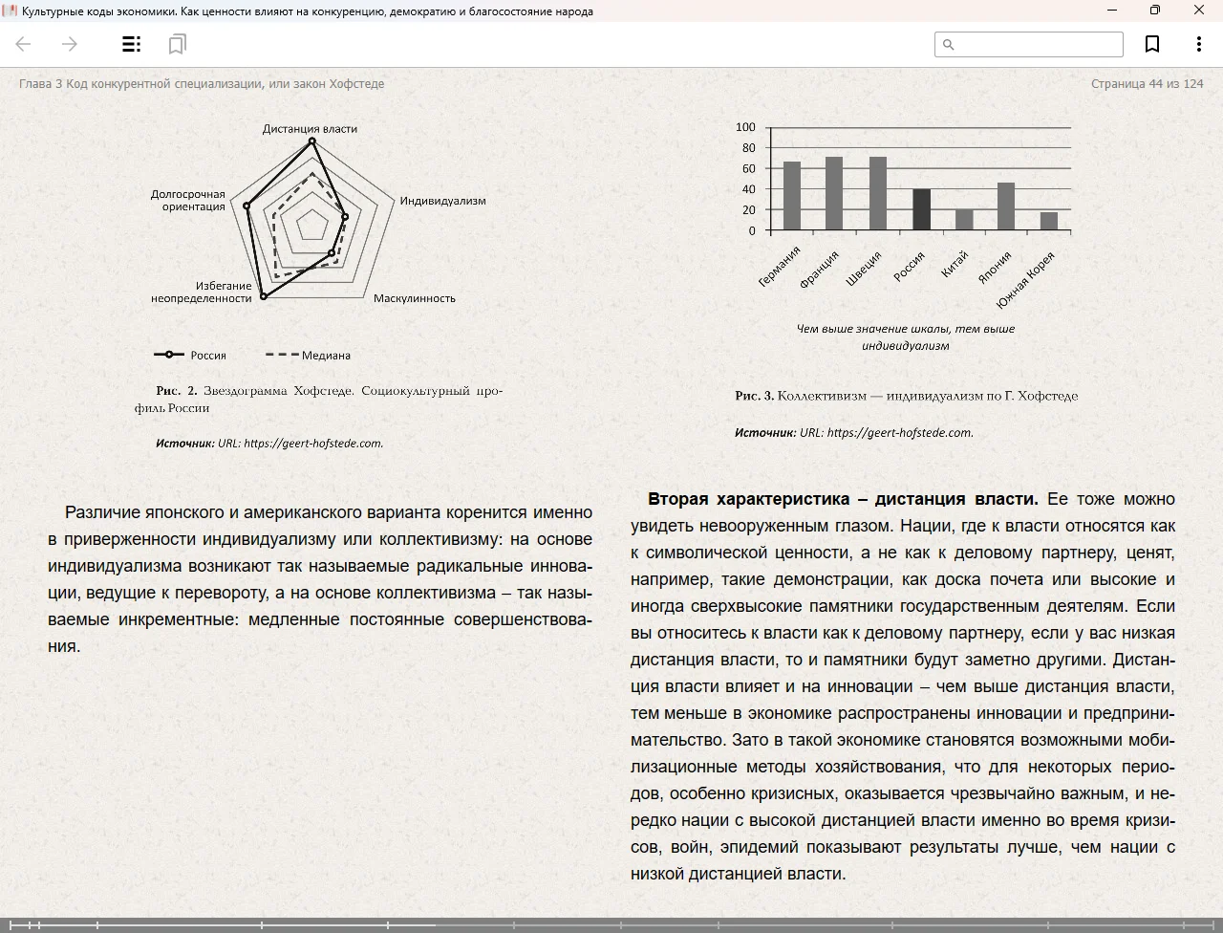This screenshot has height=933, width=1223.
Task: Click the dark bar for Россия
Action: pyautogui.click(x=921, y=209)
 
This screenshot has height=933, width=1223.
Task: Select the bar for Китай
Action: pyautogui.click(x=964, y=220)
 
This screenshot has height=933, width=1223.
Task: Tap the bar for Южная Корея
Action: pyautogui.click(x=1048, y=221)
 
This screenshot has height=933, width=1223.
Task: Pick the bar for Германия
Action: pyautogui.click(x=791, y=196)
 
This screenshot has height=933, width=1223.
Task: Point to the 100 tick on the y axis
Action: pyautogui.click(x=745, y=127)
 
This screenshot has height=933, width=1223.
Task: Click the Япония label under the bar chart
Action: pyautogui.click(x=995, y=269)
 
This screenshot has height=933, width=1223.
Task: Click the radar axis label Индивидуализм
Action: pyautogui.click(x=442, y=201)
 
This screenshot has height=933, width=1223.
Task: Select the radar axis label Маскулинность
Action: pyautogui.click(x=414, y=298)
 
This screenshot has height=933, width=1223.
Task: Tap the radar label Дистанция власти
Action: pyautogui.click(x=310, y=128)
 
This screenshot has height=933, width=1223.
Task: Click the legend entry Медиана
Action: pyautogui.click(x=326, y=355)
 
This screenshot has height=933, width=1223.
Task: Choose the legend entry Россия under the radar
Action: pyautogui.click(x=207, y=355)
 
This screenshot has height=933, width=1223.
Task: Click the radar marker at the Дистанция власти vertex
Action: pyautogui.click(x=311, y=142)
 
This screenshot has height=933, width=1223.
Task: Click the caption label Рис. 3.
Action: pyautogui.click(x=754, y=396)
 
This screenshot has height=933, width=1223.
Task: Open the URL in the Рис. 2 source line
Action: pyautogui.click(x=313, y=443)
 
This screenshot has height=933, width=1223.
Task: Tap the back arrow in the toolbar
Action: pyautogui.click(x=24, y=44)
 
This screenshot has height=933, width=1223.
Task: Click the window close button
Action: pyautogui.click(x=1199, y=11)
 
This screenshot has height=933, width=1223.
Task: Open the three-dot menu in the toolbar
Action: pyautogui.click(x=1198, y=44)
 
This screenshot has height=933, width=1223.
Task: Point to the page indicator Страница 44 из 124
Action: pyautogui.click(x=1147, y=84)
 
